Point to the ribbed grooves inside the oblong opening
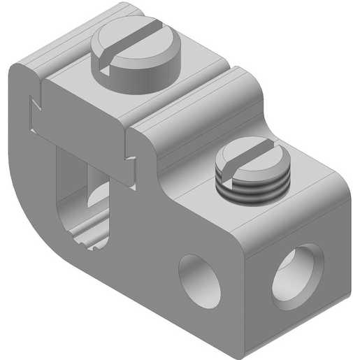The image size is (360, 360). (x=91, y=234)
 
